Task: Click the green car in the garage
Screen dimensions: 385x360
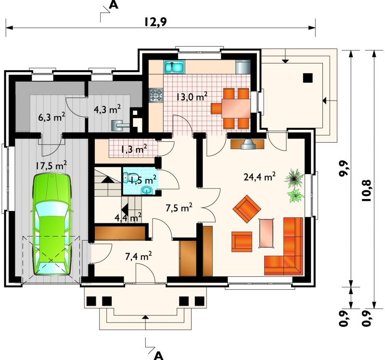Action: coord(51,224)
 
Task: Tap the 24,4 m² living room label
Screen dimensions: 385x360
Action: coord(260,176)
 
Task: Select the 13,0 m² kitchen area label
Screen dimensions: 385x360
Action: coord(192,97)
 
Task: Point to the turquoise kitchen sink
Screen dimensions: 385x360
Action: coord(174,67)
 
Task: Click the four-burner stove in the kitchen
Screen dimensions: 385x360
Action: coord(156,95)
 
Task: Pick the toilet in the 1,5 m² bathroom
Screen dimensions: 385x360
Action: coord(128,177)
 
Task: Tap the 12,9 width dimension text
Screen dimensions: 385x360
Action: coord(155,22)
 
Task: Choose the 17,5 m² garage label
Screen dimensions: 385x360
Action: coord(51,165)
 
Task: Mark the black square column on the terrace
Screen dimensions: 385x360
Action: coord(308,78)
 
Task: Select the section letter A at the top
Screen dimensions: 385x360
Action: coord(114,5)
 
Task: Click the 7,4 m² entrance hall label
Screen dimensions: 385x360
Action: coord(138,257)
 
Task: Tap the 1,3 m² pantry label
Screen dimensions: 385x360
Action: coord(134,149)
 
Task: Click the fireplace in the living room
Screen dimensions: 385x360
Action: coord(247,144)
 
